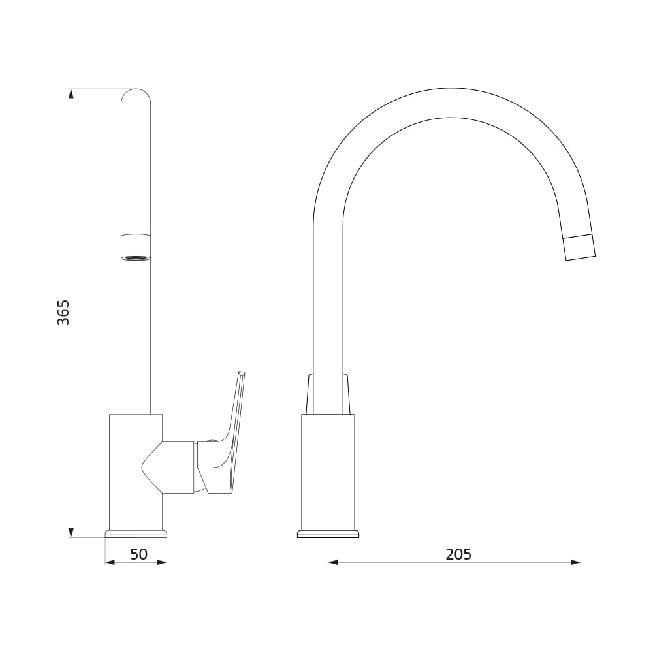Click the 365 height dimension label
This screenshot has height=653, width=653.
click(x=64, y=312)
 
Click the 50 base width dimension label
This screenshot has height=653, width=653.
click(x=139, y=554)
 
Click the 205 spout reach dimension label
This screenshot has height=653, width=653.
click(x=458, y=554)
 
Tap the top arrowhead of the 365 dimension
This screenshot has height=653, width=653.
click(x=71, y=93)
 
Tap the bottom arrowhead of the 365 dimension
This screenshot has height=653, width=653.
click(x=71, y=533)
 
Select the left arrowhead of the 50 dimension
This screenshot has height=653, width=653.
click(x=110, y=563)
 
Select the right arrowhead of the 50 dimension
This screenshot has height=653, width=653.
click(x=161, y=563)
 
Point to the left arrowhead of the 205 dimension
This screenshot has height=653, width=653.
click(x=333, y=563)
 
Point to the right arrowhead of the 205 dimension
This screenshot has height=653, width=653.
click(x=575, y=563)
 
